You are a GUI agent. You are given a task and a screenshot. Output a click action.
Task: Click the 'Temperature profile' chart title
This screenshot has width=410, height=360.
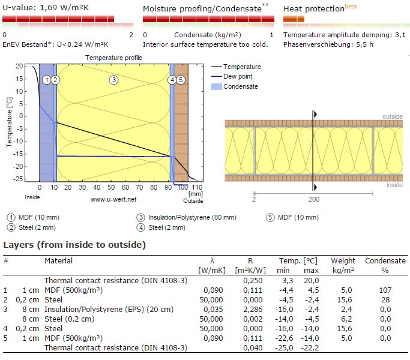click(x=114, y=58)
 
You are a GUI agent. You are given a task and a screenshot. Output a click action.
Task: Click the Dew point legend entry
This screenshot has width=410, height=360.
click(x=237, y=76)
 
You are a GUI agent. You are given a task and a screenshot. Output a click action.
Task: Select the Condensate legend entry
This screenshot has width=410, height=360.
click(x=240, y=86)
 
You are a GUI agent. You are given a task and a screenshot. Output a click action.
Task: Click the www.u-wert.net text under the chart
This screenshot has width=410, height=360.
click(x=114, y=199)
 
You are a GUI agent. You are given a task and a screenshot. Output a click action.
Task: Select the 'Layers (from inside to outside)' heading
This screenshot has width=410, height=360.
click(x=74, y=245)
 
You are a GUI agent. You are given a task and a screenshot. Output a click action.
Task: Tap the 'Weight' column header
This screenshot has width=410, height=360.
click(x=343, y=261)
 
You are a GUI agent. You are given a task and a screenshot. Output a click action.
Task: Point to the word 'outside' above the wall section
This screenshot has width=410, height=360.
click(x=393, y=116)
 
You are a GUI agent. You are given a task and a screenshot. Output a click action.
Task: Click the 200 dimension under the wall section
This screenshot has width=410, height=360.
click(x=313, y=198)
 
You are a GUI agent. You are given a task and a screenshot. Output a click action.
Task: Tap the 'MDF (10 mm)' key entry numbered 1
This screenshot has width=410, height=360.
click(x=35, y=217)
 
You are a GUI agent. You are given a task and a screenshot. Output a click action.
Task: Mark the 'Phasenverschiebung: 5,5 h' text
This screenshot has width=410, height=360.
click(x=328, y=44)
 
